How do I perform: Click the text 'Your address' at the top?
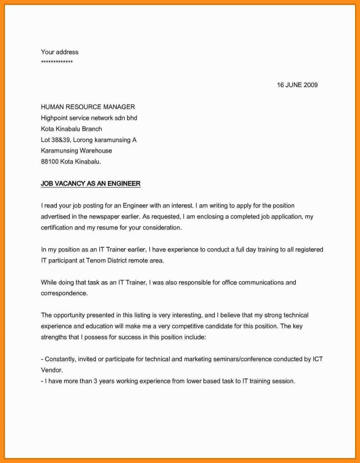pyautogui.click(x=59, y=52)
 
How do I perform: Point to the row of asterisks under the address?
pyautogui.click(x=57, y=62)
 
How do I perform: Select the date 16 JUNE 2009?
pyautogui.click(x=297, y=85)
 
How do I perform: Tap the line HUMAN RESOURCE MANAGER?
pyautogui.click(x=88, y=107)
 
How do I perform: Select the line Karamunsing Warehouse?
pyautogui.click(x=76, y=150)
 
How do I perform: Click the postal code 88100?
pyautogui.click(x=49, y=161)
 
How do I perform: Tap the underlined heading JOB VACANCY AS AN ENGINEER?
pyautogui.click(x=90, y=184)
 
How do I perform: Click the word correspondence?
pyautogui.click(x=64, y=293)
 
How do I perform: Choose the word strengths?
pyautogui.click(x=55, y=337)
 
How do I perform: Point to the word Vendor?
pyautogui.click(x=51, y=370)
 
